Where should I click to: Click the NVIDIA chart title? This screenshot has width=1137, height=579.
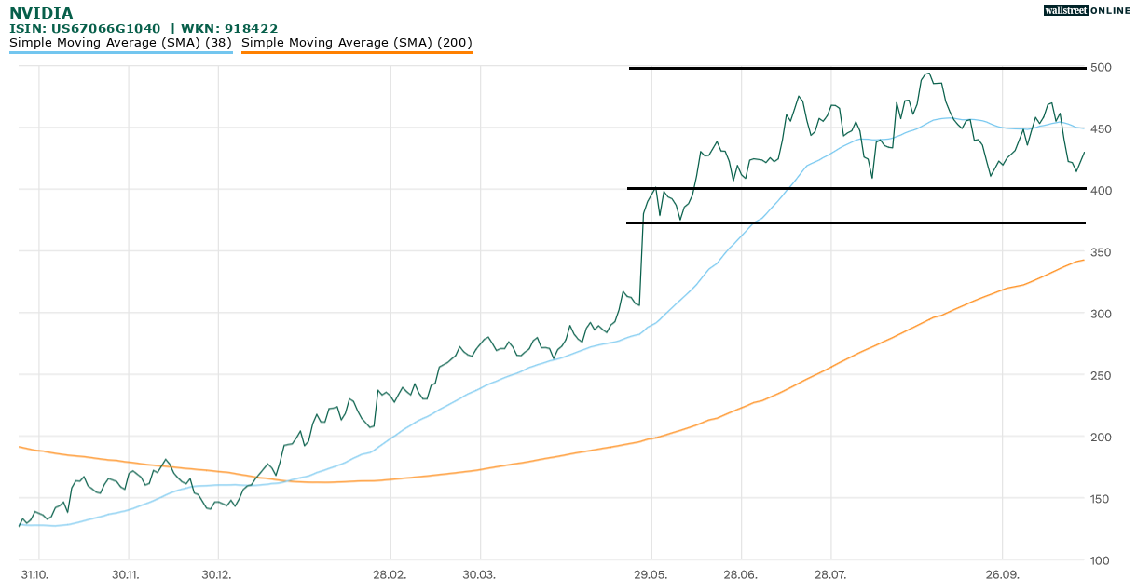point(41,13)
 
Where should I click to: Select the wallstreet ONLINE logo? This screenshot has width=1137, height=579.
point(1085,10)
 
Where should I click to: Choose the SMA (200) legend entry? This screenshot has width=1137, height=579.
point(357,43)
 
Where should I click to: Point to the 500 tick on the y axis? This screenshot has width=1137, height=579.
point(1103,67)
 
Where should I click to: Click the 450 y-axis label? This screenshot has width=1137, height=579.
point(1103,128)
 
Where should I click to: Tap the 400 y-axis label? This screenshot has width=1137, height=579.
point(1103,190)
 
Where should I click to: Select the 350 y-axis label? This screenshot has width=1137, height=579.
point(1103,252)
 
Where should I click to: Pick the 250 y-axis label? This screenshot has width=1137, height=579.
point(1103,375)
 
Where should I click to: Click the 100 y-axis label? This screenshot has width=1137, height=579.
point(1103,560)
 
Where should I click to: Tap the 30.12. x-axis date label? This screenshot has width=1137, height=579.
point(215,574)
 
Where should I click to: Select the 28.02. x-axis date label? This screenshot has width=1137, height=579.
point(390,574)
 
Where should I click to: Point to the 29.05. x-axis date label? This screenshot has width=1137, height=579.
point(651,574)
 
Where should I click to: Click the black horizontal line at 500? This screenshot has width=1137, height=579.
point(857,68)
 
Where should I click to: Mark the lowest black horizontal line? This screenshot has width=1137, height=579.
point(857,223)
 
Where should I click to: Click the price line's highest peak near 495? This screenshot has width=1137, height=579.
point(927,74)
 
